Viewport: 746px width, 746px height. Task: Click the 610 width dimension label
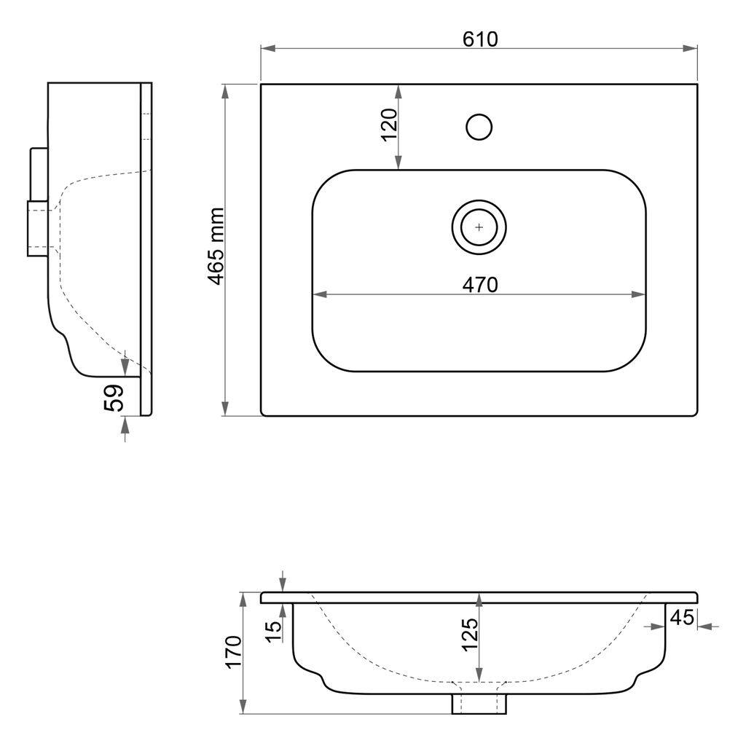point(480,39)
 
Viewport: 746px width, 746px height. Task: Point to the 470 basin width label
point(480,285)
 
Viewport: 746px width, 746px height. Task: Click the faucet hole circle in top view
point(479,127)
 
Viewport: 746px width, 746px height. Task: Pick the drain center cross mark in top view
point(479,227)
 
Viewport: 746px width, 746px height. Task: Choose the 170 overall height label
point(233,652)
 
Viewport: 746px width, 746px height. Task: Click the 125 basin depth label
point(470,634)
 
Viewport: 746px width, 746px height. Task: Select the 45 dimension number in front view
point(681,618)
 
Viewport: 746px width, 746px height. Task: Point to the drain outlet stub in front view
point(479,704)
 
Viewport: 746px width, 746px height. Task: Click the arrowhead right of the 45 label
point(703,626)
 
